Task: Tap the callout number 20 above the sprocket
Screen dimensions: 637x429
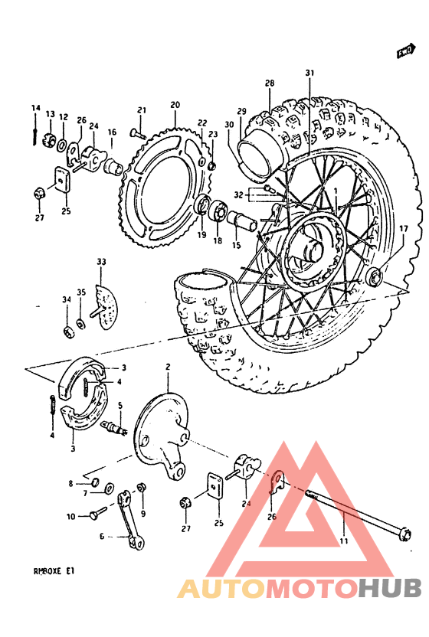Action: pos(175,104)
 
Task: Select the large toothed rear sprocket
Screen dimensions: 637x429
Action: pos(165,184)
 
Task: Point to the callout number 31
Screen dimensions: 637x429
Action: pos(309,73)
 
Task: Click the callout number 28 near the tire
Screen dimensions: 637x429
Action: pos(270,83)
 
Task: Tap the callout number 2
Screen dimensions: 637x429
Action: pos(166,368)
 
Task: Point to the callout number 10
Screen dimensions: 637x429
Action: pos(70,517)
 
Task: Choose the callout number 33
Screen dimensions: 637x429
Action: pos(101,262)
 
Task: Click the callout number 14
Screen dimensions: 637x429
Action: pos(34,107)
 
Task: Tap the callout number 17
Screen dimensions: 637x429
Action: pos(403,228)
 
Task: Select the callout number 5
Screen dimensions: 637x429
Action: pos(120,405)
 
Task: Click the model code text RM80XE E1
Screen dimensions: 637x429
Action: pos(54,570)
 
